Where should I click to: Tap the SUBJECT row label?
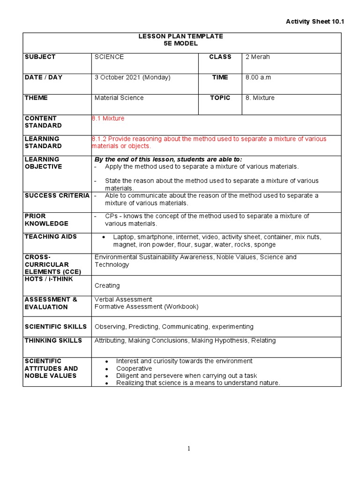(x=40, y=57)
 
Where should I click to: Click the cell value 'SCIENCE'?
(x=109, y=57)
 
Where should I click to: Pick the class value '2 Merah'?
(x=257, y=57)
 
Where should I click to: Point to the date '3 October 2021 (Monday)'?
(x=132, y=77)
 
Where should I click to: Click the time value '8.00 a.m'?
(x=258, y=77)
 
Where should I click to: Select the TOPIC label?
(x=220, y=98)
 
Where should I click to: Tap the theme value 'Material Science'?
(x=119, y=98)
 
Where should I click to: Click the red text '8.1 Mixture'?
(x=108, y=119)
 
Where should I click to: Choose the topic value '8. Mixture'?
(x=260, y=98)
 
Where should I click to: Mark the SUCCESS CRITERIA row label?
(x=57, y=195)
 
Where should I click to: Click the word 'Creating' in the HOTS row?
(x=107, y=285)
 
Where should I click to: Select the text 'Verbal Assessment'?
(x=123, y=300)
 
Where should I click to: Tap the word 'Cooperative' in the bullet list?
(x=134, y=368)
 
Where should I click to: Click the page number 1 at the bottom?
(x=189, y=449)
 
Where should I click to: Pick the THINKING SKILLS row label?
(x=53, y=340)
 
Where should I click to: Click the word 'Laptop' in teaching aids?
(x=123, y=237)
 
